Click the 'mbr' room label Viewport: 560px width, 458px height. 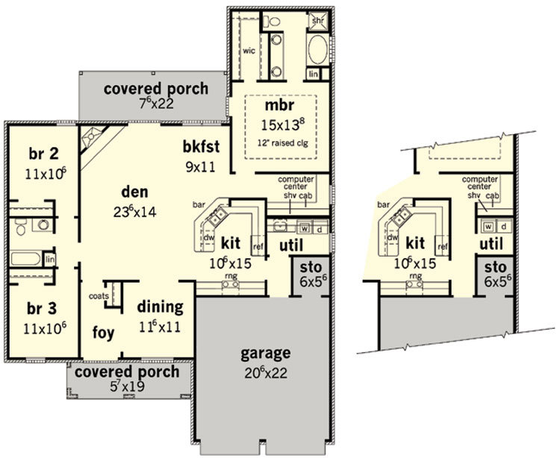click(x=280, y=106)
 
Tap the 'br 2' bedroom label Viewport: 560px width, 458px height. click(x=43, y=154)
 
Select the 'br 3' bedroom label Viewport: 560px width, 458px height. click(x=42, y=309)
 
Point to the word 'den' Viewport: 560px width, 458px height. click(x=134, y=192)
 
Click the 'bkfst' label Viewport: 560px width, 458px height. click(x=201, y=147)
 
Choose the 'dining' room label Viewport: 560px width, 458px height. click(x=160, y=307)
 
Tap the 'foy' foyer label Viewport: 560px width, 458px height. click(x=104, y=333)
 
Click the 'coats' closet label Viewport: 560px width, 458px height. click(x=99, y=296)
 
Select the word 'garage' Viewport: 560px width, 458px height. click(x=265, y=354)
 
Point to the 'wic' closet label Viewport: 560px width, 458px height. click(x=249, y=51)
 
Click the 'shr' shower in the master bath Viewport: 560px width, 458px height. click(x=318, y=20)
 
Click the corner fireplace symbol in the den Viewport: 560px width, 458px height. click(x=92, y=137)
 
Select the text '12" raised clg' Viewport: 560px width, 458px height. click(x=282, y=143)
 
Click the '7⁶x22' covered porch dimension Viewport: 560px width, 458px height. click(x=156, y=104)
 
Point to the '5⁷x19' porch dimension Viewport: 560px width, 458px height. click(x=127, y=386)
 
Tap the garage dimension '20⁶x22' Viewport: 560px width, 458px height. click(x=266, y=373)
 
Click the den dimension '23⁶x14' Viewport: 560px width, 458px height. click(x=134, y=213)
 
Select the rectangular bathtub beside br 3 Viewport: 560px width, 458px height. click(x=25, y=259)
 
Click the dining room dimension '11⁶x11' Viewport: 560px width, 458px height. click(x=160, y=327)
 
